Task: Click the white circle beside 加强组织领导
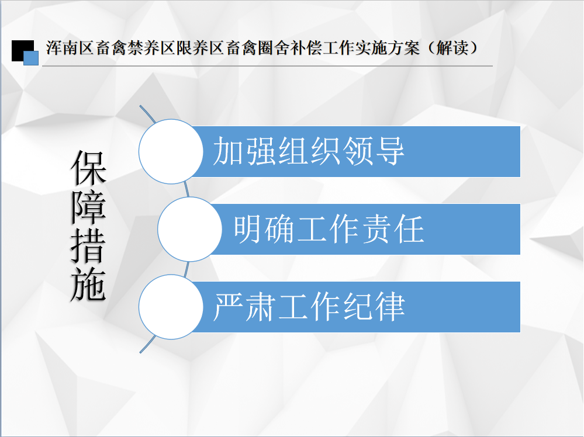(171, 151)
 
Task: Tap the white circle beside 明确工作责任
(189, 229)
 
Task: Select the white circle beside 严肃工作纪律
(171, 307)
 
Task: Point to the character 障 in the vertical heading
(89, 207)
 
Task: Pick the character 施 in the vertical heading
(89, 284)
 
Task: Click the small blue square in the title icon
(31, 58)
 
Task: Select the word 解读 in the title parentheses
(452, 48)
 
